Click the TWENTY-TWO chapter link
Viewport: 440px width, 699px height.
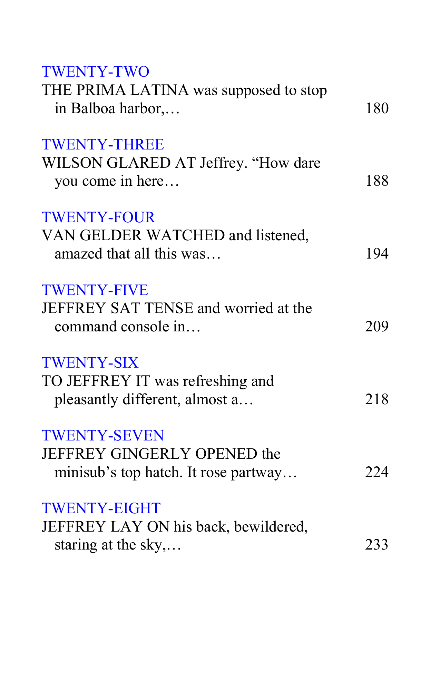(x=96, y=71)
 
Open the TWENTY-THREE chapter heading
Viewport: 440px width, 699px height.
(x=103, y=144)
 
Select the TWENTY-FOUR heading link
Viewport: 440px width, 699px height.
(x=99, y=217)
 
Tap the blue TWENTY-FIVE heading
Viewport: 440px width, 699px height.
(x=95, y=290)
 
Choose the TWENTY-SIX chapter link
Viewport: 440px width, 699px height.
(x=90, y=363)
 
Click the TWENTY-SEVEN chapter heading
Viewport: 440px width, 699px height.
(x=103, y=436)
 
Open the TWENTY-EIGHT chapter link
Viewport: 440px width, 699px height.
(x=101, y=508)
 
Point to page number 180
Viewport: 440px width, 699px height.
(x=377, y=108)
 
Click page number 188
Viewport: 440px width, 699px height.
(x=377, y=181)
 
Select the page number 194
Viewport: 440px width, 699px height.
(x=377, y=254)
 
